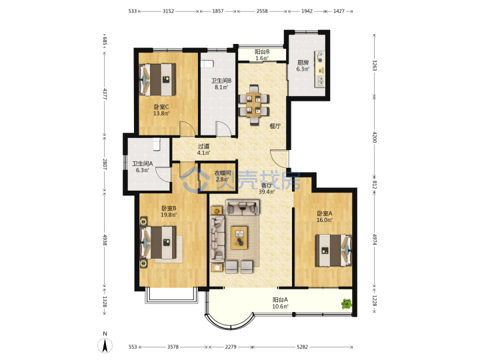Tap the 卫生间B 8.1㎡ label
coord(221,84)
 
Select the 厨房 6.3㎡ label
coord(303,66)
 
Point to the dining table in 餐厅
coord(254,105)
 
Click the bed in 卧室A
coord(333,250)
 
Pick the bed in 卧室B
coord(158,242)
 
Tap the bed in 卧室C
coord(157,79)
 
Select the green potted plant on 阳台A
coord(347,304)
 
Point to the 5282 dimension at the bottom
coord(302,347)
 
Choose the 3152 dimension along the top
coord(168,11)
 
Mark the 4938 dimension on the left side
coord(105,240)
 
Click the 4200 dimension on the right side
coord(374,137)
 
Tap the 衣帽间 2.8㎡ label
coord(222,176)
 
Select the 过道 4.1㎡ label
coord(203,149)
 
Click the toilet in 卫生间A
coord(157,144)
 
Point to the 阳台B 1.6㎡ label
coord(262,55)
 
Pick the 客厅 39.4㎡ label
coord(267,189)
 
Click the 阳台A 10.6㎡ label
coord(280,303)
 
